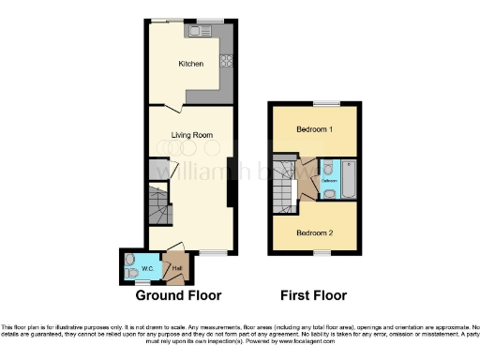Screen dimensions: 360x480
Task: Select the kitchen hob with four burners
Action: tap(226, 63)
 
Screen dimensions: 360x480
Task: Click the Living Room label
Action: tap(190, 135)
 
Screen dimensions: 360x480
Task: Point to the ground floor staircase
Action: tap(158, 205)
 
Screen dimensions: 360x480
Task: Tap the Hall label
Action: tap(174, 269)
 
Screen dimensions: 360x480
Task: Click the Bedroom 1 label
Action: tap(315, 128)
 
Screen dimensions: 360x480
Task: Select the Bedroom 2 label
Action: tap(315, 232)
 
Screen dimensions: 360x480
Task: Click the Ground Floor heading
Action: tap(178, 295)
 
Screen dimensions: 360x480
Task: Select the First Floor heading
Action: tap(313, 295)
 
